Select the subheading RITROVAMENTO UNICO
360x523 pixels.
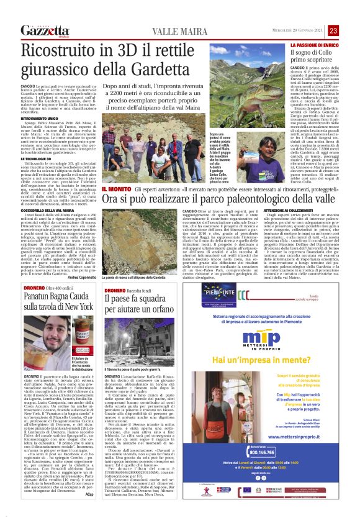(41, 118)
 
